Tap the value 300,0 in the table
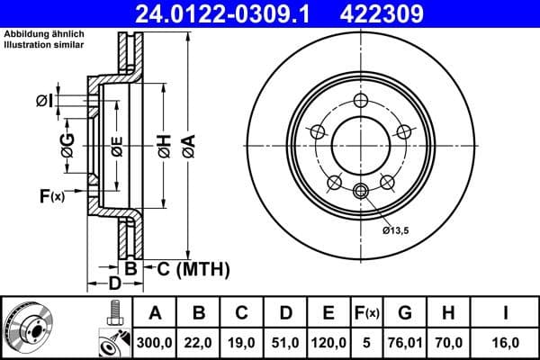[x=155, y=342]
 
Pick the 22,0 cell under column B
[x=199, y=342]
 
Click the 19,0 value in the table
[x=242, y=342]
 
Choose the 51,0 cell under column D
[x=285, y=342]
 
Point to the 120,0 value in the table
[x=329, y=342]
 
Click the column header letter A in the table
[x=155, y=313]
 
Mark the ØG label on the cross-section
[x=67, y=144]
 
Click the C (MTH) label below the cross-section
[x=193, y=268]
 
